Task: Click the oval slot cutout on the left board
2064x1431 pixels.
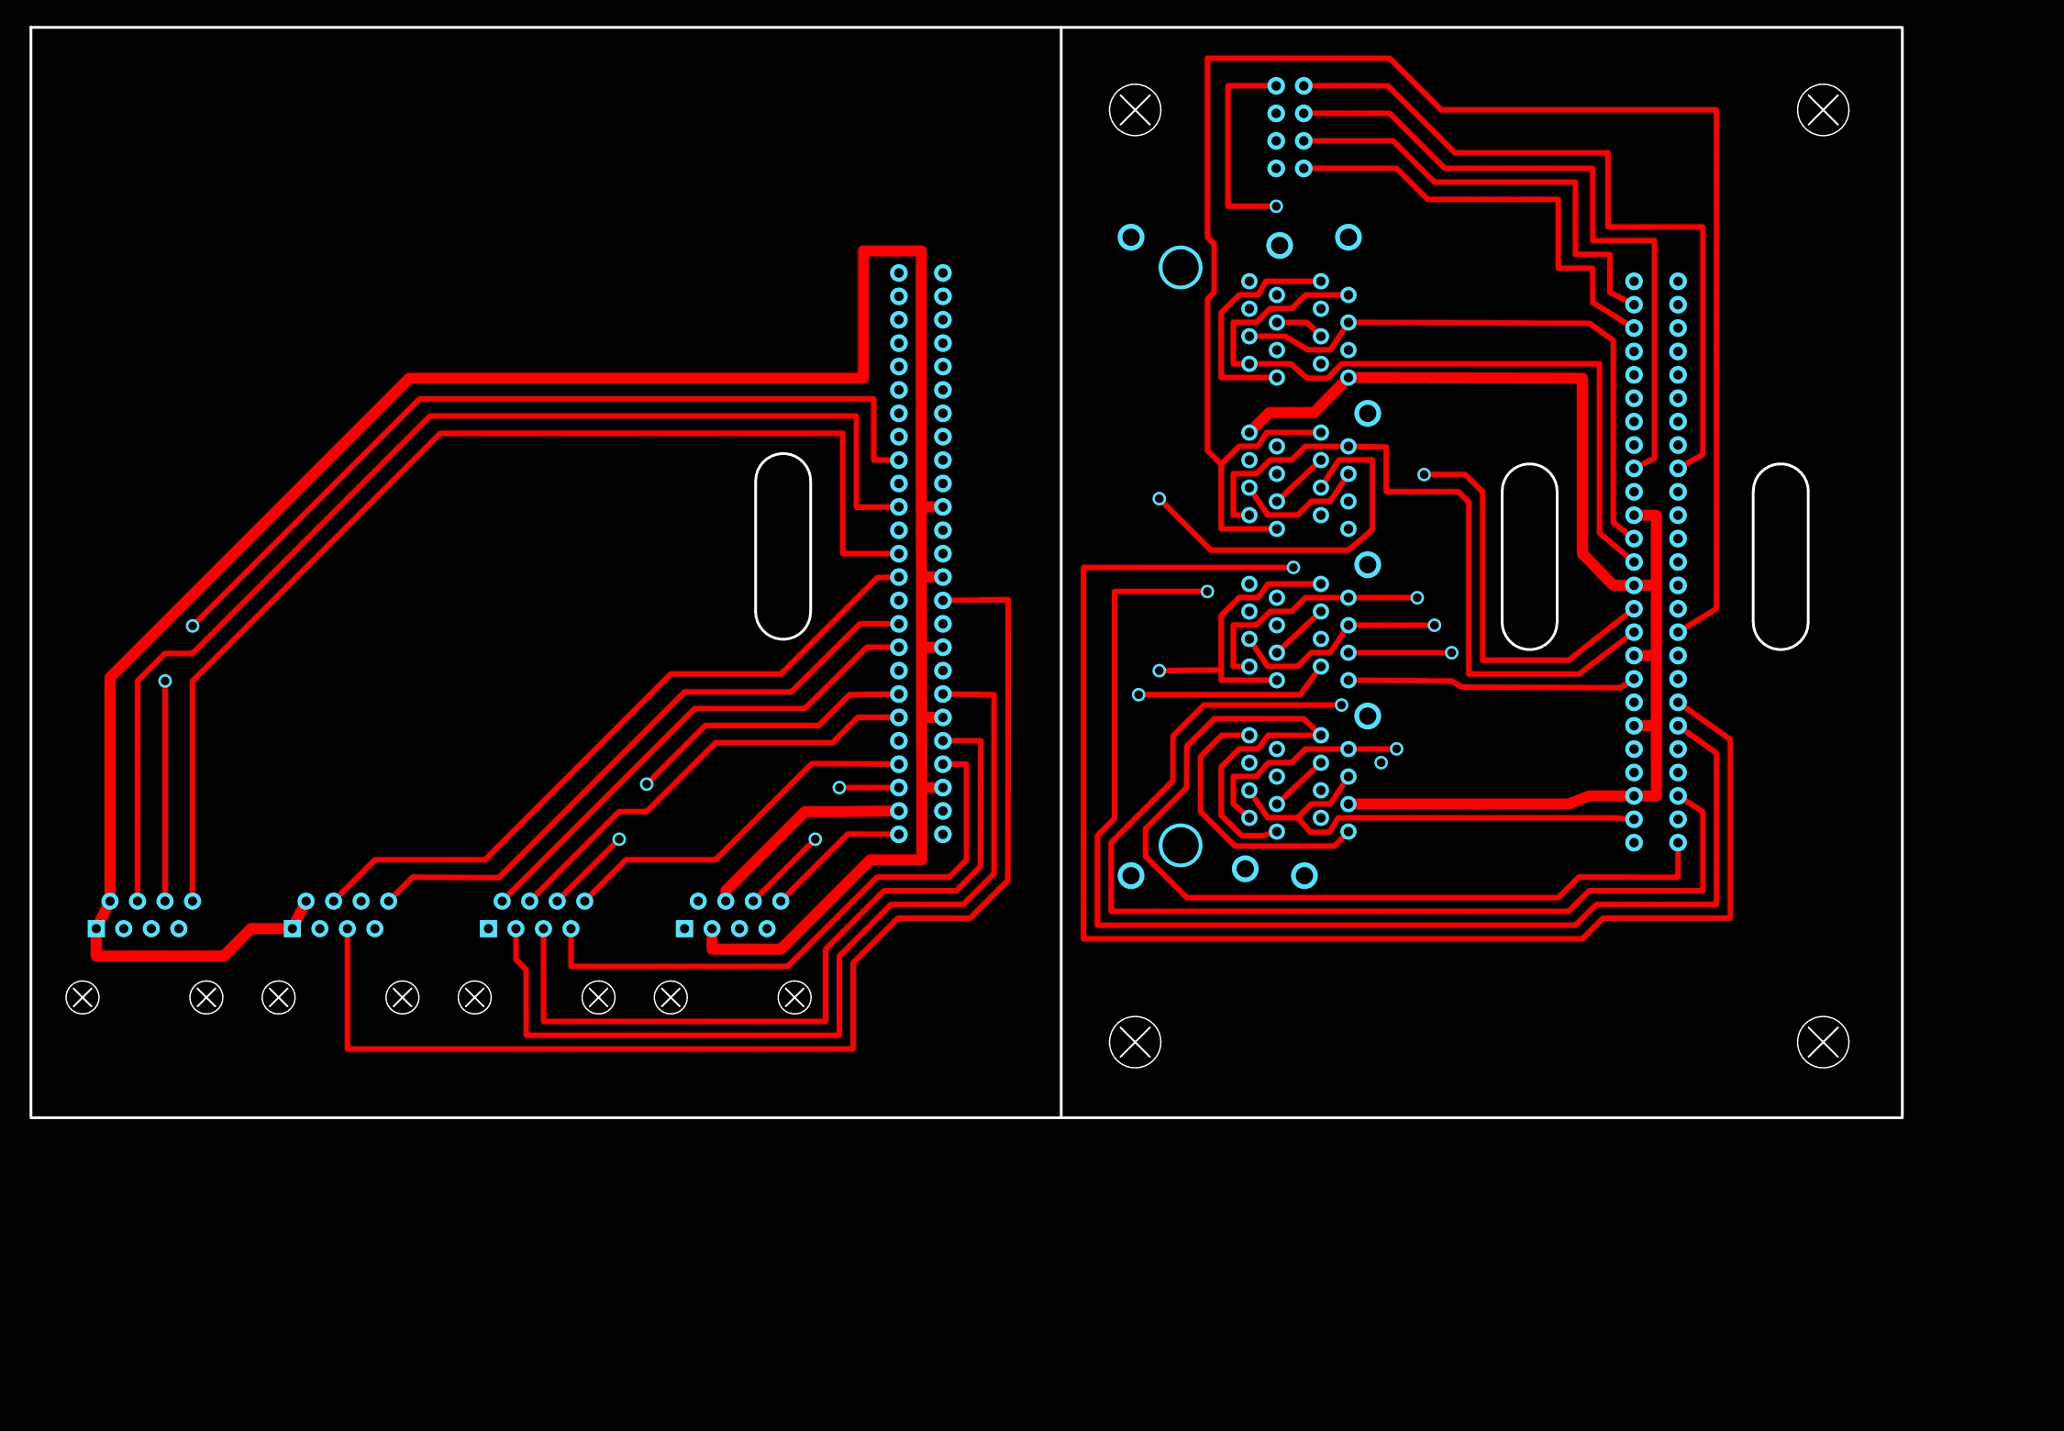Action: [782, 546]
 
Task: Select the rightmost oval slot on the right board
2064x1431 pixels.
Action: [1780, 557]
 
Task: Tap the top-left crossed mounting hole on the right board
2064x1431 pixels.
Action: [1135, 110]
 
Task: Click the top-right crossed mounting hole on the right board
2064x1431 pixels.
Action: [1823, 110]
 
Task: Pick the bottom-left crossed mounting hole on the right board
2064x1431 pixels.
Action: [1135, 1042]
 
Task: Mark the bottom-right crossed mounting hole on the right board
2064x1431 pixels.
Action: [1823, 1042]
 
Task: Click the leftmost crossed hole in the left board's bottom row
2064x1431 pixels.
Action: [83, 997]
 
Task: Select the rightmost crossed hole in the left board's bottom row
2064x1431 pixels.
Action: [794, 997]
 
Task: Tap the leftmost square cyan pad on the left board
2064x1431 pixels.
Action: [96, 928]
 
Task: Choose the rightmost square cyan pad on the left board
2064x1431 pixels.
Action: [684, 928]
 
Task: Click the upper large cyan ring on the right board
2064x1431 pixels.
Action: [1180, 267]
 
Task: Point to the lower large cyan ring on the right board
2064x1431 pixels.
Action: [1180, 845]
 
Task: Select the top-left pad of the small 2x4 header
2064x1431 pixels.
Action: [1276, 86]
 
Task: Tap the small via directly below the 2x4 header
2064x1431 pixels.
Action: [1276, 206]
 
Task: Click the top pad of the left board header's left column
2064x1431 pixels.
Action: [899, 272]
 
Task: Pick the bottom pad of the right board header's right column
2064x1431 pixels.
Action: [1678, 843]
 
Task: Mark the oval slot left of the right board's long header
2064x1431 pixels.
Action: [1529, 557]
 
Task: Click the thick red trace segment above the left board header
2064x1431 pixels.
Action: [893, 250]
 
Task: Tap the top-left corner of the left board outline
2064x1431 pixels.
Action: [32, 28]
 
